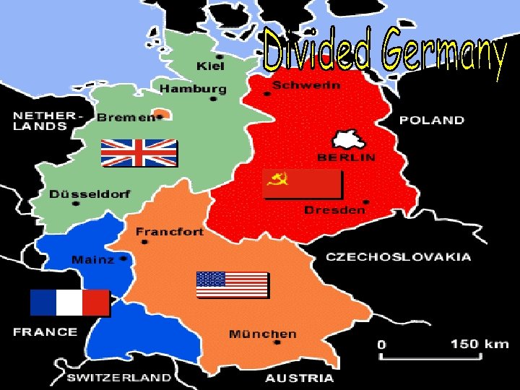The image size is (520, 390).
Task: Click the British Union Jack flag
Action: coord(139,153)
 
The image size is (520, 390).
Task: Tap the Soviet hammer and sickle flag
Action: coord(301,184)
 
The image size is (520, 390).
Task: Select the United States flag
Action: coord(233,285)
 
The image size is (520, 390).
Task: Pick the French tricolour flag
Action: coord(69,303)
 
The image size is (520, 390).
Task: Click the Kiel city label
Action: coord(210,66)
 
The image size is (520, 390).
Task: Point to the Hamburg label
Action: coord(193,89)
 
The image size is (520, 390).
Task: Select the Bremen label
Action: coord(126,116)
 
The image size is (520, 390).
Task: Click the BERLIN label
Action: coord(347,157)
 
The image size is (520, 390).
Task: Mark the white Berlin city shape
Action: coord(350,140)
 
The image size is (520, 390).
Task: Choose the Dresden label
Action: coord(334,210)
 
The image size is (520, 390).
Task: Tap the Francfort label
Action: coord(170,232)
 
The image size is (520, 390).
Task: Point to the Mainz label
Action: coord(92,259)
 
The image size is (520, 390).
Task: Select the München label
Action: coord(262,334)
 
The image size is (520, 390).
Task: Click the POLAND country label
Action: coord(432,120)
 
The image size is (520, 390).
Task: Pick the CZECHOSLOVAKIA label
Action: coord(399,256)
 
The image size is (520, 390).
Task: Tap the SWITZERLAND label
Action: coord(119,377)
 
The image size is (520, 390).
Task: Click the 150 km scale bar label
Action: coord(480,344)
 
